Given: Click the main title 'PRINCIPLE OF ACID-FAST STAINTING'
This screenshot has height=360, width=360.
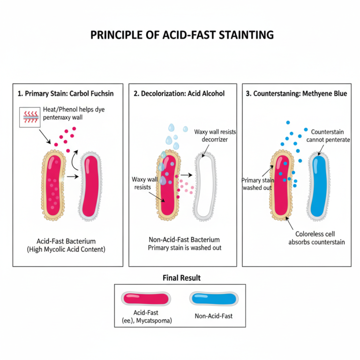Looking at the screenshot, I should (180, 36).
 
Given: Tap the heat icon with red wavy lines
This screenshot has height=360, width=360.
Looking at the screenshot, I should (29, 117).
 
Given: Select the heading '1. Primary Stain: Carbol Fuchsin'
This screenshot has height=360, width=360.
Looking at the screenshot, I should (66, 94).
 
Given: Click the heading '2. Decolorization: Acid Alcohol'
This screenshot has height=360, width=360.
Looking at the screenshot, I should (179, 94).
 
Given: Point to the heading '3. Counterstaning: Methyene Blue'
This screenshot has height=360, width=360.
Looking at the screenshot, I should (296, 94).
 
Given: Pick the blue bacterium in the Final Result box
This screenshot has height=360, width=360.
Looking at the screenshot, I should (213, 299).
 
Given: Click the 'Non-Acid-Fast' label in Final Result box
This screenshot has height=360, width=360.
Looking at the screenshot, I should (213, 316).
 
